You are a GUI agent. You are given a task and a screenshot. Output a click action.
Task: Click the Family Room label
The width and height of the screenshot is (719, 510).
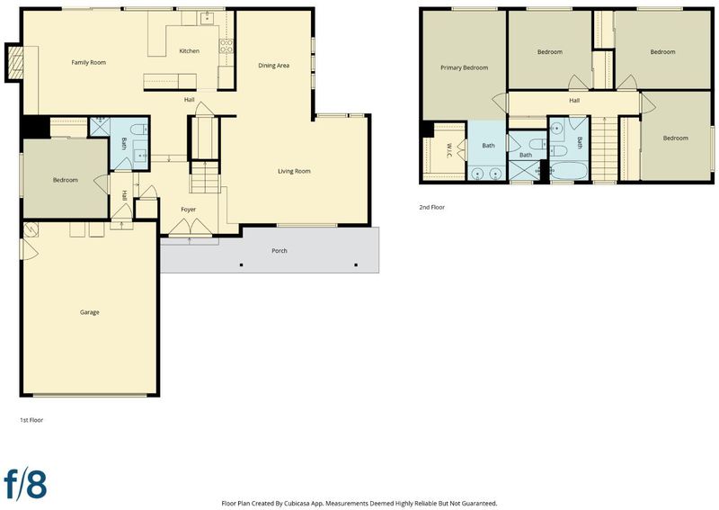click(x=88, y=62)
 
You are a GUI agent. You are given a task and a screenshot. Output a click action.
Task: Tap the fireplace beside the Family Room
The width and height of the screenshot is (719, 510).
click(x=16, y=62)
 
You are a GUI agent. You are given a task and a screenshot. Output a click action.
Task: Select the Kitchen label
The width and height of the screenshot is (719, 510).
click(x=189, y=51)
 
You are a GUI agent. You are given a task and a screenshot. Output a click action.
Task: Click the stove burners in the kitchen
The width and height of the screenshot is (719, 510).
click(x=226, y=46)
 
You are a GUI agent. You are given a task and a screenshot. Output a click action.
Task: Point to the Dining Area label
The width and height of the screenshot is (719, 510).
click(x=273, y=66)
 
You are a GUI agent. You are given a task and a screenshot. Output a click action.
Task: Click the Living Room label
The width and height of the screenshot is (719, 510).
click(x=294, y=171)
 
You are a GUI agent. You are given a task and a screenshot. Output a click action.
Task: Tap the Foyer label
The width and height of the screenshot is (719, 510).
click(x=188, y=210)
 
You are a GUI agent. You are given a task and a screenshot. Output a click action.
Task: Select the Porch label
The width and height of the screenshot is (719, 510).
click(x=280, y=251)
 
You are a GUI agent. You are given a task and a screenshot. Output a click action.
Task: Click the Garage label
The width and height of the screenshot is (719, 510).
click(x=89, y=312)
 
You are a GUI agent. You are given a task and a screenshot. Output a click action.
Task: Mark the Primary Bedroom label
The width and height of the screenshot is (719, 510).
click(x=464, y=67)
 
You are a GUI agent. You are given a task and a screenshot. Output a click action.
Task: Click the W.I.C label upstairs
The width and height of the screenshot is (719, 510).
click(x=448, y=150)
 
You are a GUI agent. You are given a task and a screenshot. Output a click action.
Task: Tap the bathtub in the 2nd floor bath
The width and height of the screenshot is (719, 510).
click(x=569, y=171)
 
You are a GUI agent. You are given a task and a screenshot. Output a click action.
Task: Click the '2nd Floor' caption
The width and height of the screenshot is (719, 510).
click(x=432, y=207)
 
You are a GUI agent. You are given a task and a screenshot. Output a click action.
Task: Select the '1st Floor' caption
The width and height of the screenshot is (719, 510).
click(x=31, y=420)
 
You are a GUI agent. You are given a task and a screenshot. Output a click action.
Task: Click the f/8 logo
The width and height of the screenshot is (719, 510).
click(x=25, y=483)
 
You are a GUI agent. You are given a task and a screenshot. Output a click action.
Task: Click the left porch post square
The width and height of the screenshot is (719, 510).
click(x=241, y=264)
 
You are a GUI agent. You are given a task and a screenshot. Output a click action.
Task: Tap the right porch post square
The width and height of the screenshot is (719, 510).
click(x=356, y=264)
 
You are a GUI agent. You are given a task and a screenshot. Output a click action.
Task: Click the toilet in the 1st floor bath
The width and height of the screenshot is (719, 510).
click(x=138, y=129)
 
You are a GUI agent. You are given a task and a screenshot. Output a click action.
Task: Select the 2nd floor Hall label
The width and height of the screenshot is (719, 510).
click(x=574, y=101)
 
